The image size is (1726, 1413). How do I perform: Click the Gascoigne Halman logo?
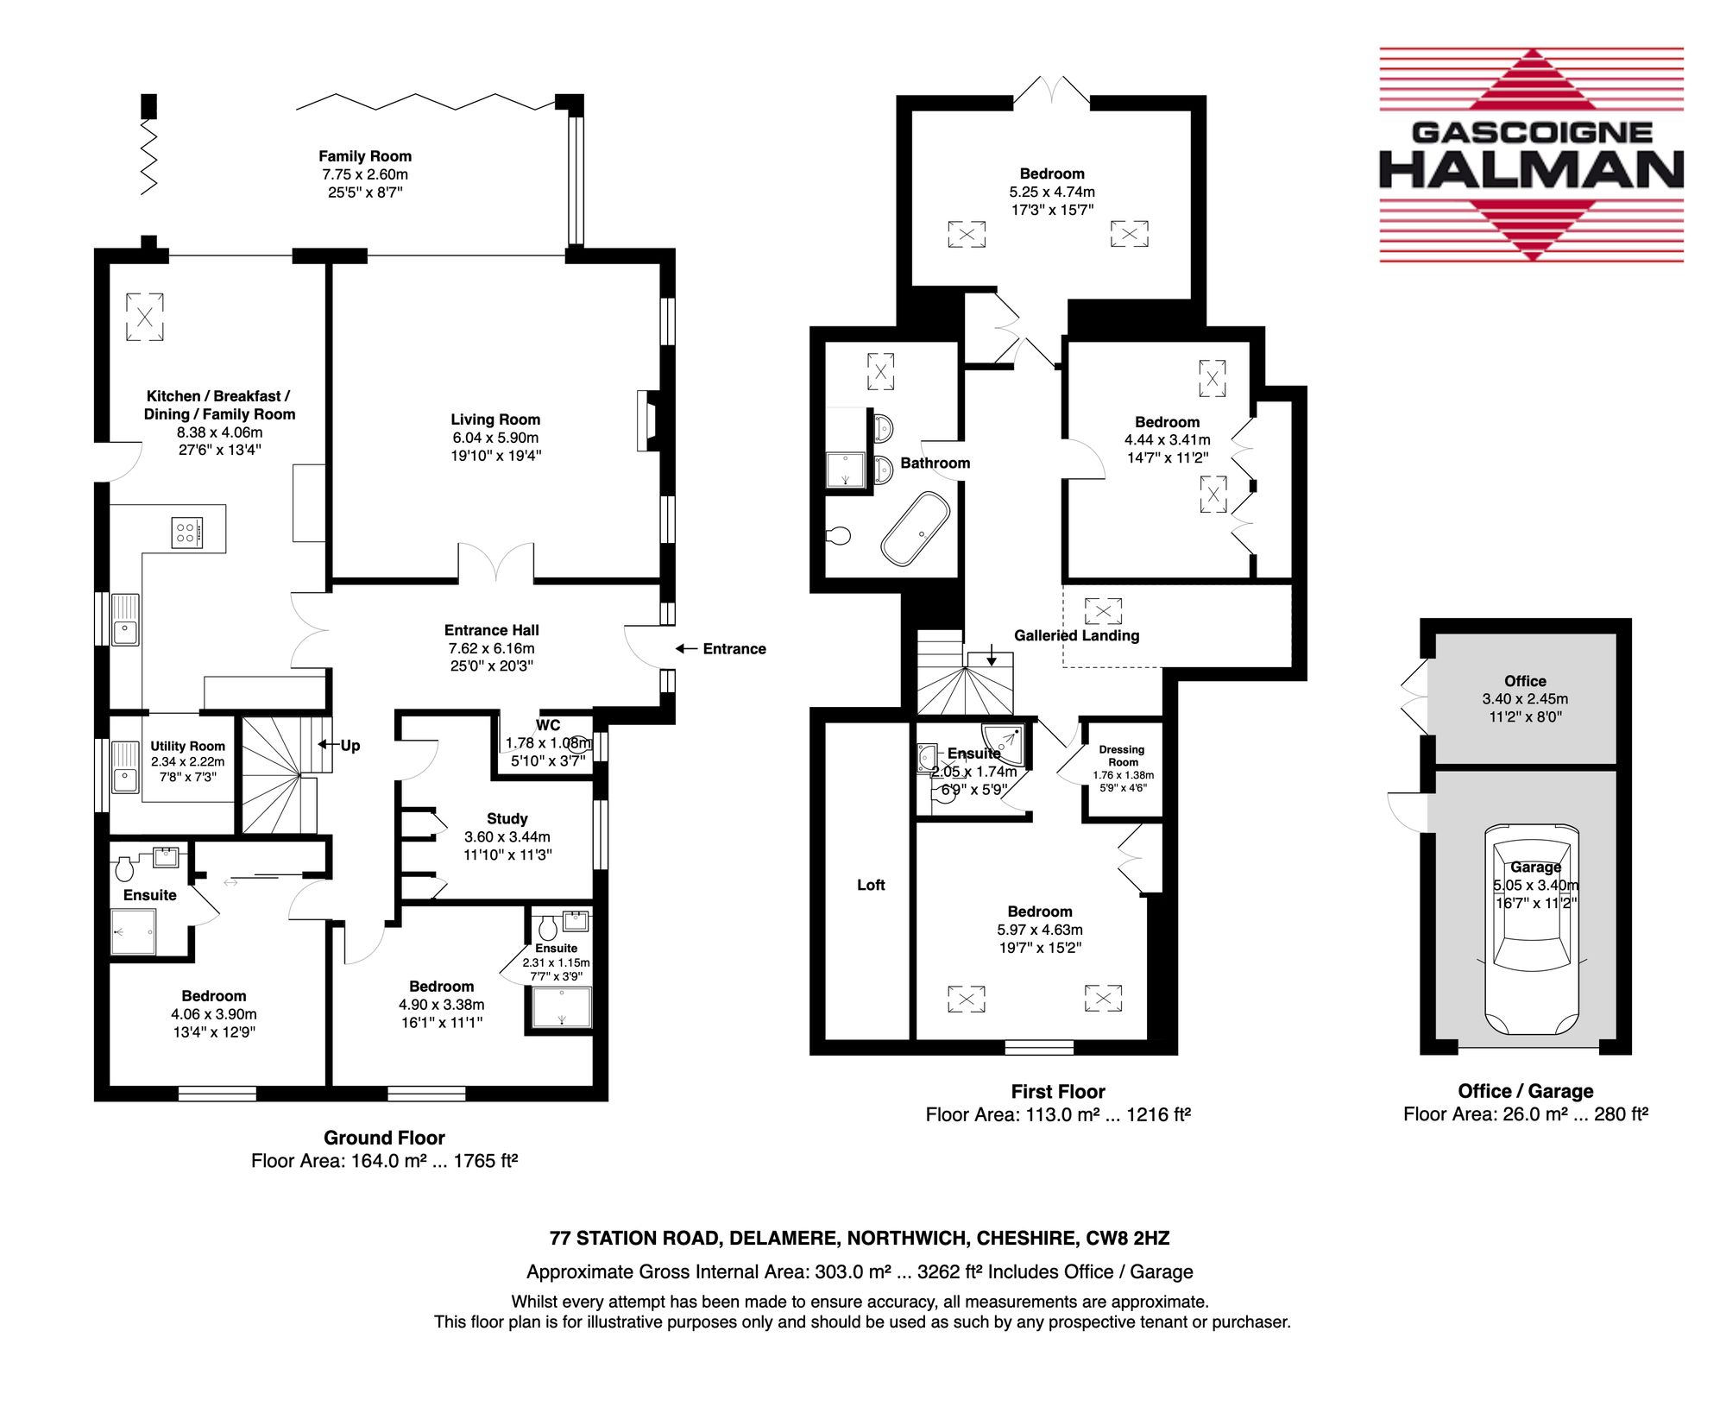[x=1532, y=155]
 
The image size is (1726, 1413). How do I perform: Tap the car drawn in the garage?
[x=1532, y=930]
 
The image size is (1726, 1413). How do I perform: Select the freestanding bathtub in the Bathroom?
[x=915, y=529]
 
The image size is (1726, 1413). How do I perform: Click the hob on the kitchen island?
[x=186, y=533]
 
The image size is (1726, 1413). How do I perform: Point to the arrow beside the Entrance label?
[x=686, y=648]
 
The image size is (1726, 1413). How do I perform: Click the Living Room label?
[x=495, y=419]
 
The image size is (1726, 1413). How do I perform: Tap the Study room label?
[x=507, y=818]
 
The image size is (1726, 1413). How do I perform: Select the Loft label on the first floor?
[x=871, y=885]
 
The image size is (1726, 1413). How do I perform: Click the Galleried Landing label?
[x=1076, y=635]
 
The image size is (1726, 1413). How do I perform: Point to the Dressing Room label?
[x=1122, y=755]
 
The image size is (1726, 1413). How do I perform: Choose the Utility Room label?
[x=187, y=746]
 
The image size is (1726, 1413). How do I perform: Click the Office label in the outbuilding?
[x=1525, y=681]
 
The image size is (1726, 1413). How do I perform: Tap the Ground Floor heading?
[x=384, y=1138]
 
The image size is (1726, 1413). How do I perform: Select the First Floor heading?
[x=1058, y=1091]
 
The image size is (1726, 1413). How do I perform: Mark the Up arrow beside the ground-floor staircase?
[x=328, y=744]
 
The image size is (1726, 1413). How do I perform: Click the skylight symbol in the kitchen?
[x=144, y=317]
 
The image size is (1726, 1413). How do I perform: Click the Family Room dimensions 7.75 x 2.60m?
[x=365, y=174]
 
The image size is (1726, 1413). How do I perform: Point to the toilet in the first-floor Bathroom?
[x=837, y=536]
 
